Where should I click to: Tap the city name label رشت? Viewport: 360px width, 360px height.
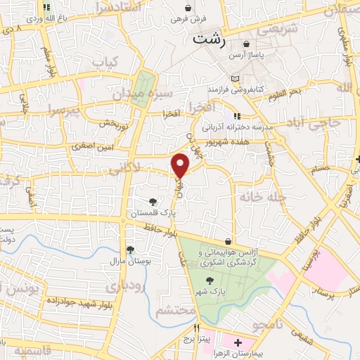[211, 39]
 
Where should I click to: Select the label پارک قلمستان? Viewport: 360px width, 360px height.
[153, 210]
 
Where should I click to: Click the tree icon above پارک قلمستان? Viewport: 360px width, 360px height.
[154, 200]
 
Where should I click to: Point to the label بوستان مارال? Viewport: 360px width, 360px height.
[131, 260]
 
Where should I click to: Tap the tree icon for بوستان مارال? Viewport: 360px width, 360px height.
[130, 249]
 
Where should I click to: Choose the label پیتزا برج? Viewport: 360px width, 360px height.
[198, 339]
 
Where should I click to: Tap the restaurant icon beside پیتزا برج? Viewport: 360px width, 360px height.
[198, 328]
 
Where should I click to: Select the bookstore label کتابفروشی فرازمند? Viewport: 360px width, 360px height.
[235, 89]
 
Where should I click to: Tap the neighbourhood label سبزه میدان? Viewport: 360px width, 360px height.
[163, 92]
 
